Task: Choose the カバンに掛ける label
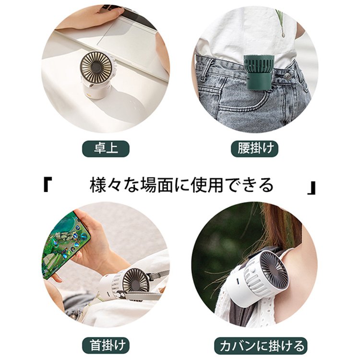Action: (x=260, y=345)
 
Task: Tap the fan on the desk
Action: (x=97, y=74)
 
